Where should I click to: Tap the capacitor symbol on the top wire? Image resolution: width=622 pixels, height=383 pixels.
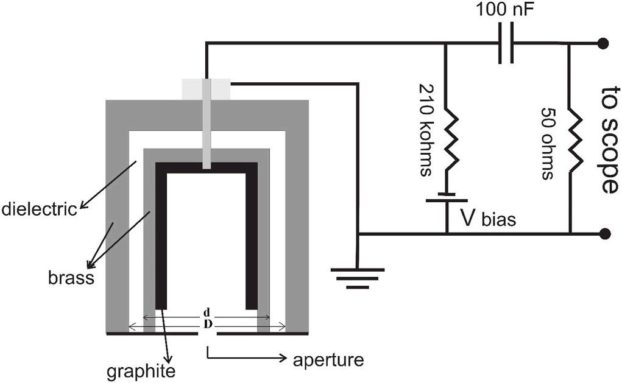click(505, 43)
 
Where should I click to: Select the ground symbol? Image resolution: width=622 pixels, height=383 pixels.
click(358, 277)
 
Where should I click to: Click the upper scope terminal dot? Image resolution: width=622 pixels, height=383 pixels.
click(604, 43)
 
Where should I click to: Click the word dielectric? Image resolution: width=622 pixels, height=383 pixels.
click(39, 209)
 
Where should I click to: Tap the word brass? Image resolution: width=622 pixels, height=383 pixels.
click(71, 279)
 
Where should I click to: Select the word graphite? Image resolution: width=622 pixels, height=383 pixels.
click(141, 370)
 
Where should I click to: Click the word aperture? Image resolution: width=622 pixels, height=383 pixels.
click(328, 359)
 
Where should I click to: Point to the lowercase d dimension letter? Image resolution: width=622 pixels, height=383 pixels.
click(207, 313)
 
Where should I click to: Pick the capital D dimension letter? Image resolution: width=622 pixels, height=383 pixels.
click(207, 324)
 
